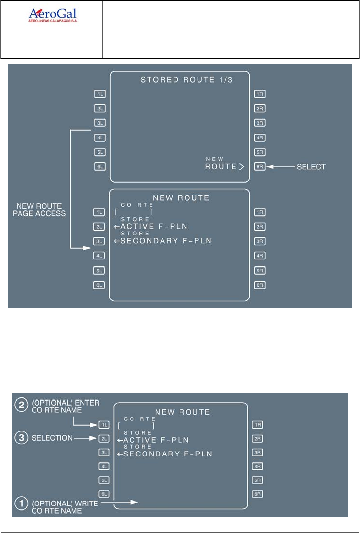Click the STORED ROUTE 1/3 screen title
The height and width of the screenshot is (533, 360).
(x=180, y=79)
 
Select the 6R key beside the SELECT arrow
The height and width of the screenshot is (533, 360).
(x=259, y=166)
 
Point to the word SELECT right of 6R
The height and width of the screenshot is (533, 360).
(x=312, y=166)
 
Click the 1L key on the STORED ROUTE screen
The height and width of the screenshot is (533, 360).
(x=99, y=93)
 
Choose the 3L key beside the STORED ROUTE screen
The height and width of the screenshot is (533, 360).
(x=99, y=122)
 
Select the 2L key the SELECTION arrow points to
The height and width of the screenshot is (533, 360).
(x=103, y=438)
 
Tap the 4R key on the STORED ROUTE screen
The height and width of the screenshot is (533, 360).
(x=259, y=137)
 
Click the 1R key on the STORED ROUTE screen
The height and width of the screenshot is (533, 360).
(x=259, y=93)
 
